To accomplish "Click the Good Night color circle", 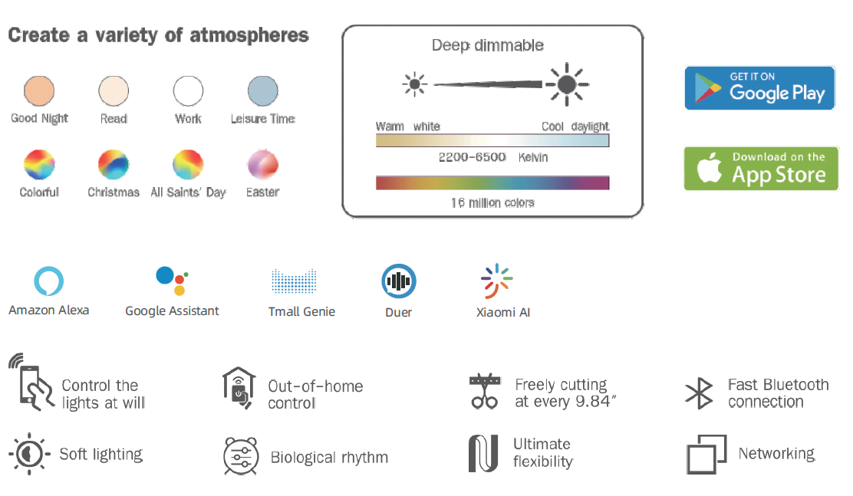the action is click(39, 90).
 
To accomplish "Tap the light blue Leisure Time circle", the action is click(263, 90).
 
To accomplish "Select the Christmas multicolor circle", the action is click(114, 164).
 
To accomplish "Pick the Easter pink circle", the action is click(263, 164).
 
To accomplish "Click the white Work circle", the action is click(188, 90).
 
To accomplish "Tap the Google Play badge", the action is click(759, 88).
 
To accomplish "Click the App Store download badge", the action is click(761, 169).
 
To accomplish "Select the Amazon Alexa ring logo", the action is click(48, 281).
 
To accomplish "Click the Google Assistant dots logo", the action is click(172, 281).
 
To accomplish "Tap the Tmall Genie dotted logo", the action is click(294, 281).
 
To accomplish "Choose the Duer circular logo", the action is click(399, 281).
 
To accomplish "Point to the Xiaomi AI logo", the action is click(496, 281).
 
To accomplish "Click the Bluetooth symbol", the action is click(699, 393).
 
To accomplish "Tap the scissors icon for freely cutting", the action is click(484, 391).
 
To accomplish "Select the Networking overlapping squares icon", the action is click(706, 454).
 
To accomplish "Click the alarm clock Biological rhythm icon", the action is click(240, 456).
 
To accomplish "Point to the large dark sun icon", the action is click(567, 84).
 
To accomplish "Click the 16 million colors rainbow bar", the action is click(492, 182).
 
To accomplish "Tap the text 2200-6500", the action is click(473, 157).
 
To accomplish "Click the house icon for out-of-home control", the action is click(239, 388).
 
